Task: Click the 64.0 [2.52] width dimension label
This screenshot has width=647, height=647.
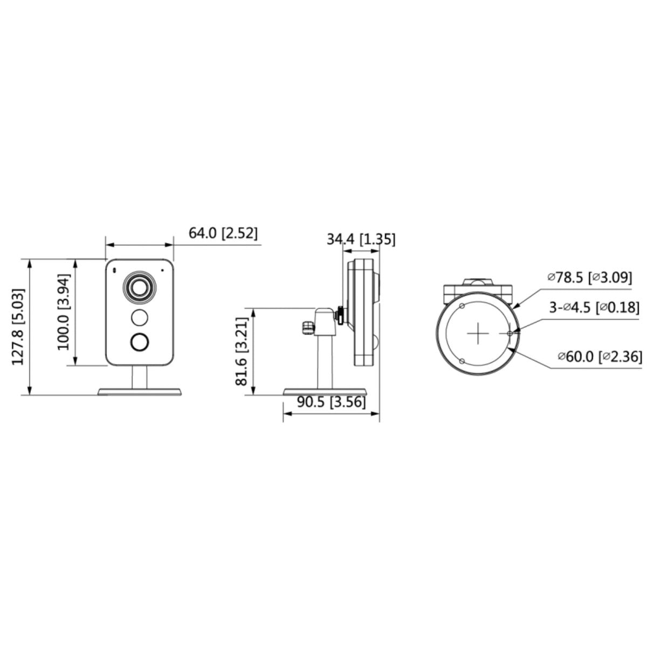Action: pos(223,233)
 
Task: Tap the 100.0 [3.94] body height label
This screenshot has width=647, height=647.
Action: pos(64,312)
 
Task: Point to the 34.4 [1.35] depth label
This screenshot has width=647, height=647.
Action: pos(361,239)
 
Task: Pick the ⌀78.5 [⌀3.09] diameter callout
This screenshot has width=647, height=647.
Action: pos(587,277)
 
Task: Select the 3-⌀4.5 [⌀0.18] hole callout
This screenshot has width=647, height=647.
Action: pos(594,308)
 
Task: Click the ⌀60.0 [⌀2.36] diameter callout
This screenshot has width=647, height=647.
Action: pos(600,356)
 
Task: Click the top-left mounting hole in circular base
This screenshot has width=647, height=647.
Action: pos(462,306)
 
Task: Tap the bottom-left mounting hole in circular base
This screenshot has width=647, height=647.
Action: pos(462,361)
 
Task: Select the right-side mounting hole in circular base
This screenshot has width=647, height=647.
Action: pos(510,334)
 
